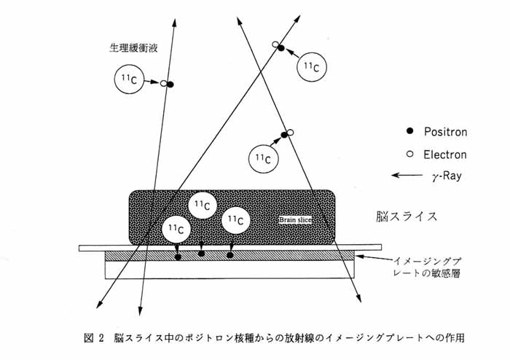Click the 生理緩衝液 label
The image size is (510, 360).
tap(133, 48)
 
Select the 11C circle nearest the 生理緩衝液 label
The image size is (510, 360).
tap(129, 79)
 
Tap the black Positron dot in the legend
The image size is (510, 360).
tap(409, 131)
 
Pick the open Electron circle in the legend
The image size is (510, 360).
tap(409, 154)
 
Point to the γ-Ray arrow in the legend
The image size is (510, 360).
tap(407, 176)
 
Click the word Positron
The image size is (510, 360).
tap(445, 132)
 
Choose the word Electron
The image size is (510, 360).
tap(444, 154)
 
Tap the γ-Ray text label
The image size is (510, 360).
tap(447, 176)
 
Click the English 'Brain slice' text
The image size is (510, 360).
tap(296, 220)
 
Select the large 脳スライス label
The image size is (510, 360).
tap(407, 216)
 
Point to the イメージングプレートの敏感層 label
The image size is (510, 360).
tap(427, 267)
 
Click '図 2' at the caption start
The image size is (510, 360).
tap(94, 338)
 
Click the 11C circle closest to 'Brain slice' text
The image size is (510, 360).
tap(236, 220)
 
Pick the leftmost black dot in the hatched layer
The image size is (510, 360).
tap(178, 257)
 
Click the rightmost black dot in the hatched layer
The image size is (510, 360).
tap(230, 255)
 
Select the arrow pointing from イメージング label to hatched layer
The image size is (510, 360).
tap(374, 258)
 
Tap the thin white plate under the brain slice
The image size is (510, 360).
tap(230, 248)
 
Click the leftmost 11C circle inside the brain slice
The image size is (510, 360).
tap(176, 230)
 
